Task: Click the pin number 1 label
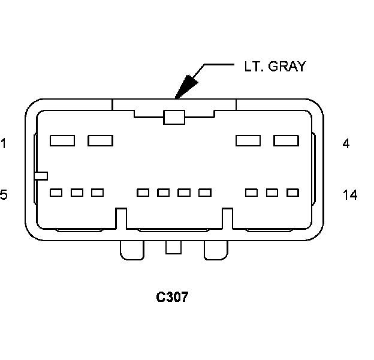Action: (3, 143)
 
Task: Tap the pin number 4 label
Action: (346, 143)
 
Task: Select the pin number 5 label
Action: (4, 194)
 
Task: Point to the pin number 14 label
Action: (350, 194)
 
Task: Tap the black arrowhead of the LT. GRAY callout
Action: (187, 85)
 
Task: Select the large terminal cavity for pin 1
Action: (62, 141)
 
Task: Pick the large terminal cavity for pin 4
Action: (286, 141)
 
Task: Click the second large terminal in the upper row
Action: (100, 141)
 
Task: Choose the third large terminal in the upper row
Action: (248, 141)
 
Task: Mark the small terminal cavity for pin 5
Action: (56, 193)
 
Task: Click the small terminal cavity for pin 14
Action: (292, 193)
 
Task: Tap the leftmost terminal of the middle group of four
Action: (143, 193)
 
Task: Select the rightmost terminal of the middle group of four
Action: (205, 193)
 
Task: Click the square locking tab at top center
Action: (173, 117)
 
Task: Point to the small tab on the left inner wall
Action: (41, 175)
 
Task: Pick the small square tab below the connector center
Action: (173, 247)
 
